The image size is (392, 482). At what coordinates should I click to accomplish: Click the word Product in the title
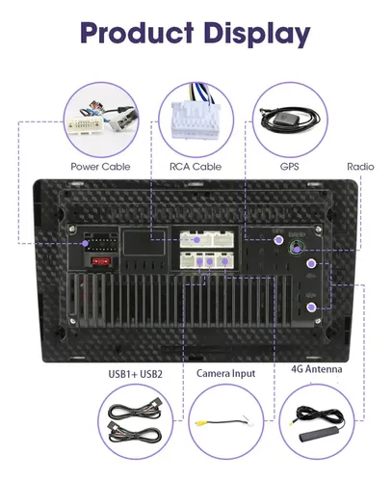[137, 33]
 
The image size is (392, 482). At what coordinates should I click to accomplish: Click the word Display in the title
[257, 35]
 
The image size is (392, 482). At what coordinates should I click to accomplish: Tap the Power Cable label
[100, 167]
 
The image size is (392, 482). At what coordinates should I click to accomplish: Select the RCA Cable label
[196, 167]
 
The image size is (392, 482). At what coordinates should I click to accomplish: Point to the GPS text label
[289, 167]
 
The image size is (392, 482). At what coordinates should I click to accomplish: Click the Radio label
[360, 167]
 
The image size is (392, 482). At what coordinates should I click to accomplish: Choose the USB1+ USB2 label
[135, 374]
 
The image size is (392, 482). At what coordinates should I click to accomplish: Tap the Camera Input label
[226, 373]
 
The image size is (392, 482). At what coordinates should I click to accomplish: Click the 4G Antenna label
[317, 369]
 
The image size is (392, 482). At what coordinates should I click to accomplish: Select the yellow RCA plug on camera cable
[201, 423]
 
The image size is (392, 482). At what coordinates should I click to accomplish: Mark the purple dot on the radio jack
[298, 250]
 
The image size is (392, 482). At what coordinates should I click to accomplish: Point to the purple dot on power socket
[86, 243]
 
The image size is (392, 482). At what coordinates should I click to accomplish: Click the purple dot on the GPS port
[278, 240]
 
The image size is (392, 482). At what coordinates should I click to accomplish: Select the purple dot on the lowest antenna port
[310, 308]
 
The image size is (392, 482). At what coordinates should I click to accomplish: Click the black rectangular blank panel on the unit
[144, 243]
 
